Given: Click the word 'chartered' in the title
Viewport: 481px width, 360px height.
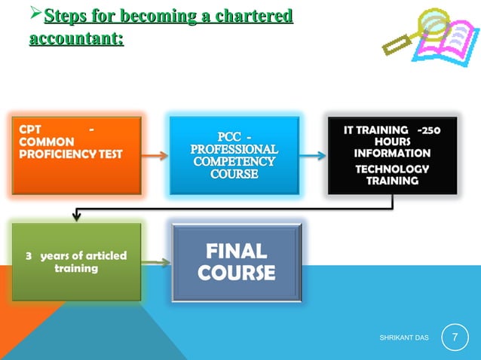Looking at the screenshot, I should click(250, 16).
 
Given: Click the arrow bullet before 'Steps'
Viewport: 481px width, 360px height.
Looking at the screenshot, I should click(35, 16).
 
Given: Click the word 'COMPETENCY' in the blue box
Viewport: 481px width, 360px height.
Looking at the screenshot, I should click(234, 162).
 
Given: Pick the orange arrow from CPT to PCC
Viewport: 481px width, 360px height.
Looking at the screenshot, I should click(155, 156).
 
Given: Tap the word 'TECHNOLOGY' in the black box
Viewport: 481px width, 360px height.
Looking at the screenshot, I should click(392, 169).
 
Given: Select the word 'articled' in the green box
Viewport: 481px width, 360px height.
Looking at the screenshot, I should click(106, 256).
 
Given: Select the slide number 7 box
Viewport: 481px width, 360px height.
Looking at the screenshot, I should click(455, 336).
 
